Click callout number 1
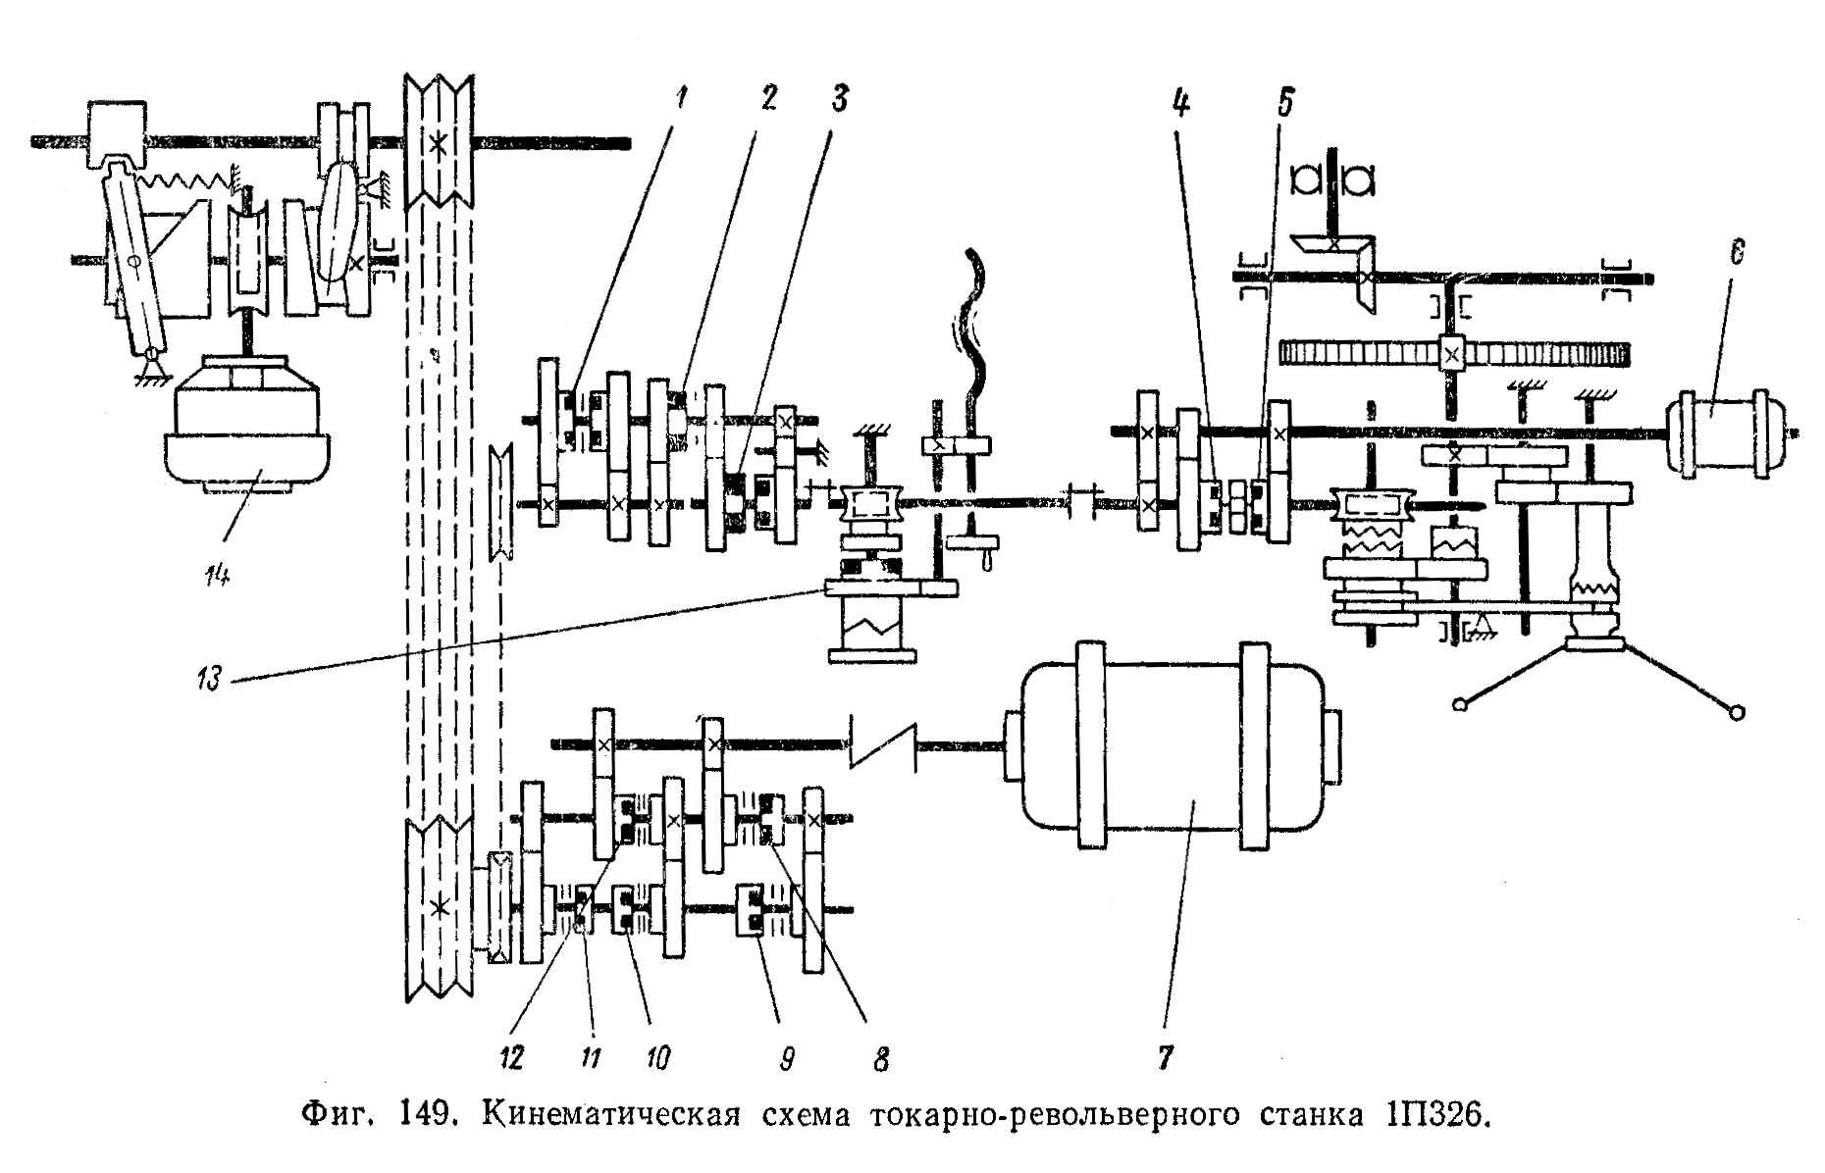click(x=680, y=99)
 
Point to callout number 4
click(x=1182, y=101)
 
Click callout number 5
click(x=1285, y=101)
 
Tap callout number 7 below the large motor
click(x=1165, y=1056)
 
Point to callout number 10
click(x=655, y=1057)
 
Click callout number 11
click(x=591, y=1057)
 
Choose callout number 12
click(x=510, y=1057)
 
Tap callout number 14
click(x=217, y=576)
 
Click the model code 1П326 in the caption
click(x=1427, y=1117)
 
